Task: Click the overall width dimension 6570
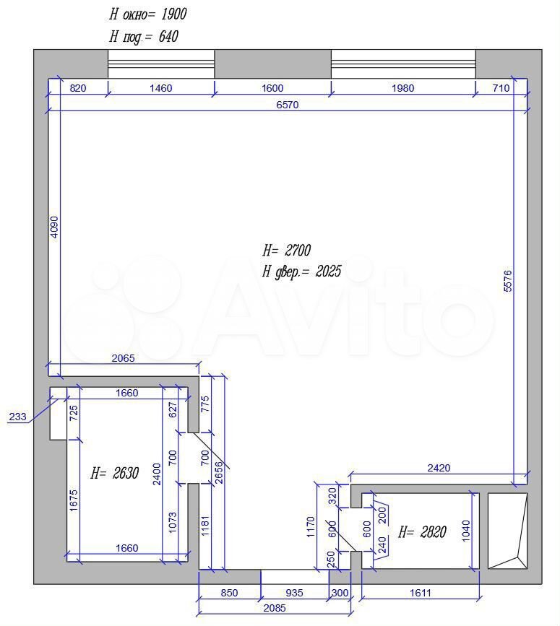click(x=287, y=105)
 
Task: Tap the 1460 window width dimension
click(x=160, y=88)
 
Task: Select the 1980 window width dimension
click(x=402, y=88)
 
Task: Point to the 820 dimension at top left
click(x=78, y=88)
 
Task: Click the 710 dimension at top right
click(x=501, y=88)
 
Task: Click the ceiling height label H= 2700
click(x=286, y=251)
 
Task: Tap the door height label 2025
click(x=328, y=271)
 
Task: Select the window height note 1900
click(x=173, y=14)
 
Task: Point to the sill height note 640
click(x=168, y=37)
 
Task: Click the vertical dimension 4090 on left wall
click(x=54, y=227)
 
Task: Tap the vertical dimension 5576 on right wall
click(x=507, y=281)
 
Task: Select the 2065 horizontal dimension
click(x=123, y=358)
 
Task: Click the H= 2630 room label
click(x=115, y=473)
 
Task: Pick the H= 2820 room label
click(x=422, y=532)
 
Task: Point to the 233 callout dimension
click(x=17, y=417)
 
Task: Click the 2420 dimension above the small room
click(x=439, y=467)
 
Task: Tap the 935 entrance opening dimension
click(x=294, y=593)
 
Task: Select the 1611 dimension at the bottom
click(x=421, y=593)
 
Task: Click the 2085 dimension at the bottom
click(x=275, y=608)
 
